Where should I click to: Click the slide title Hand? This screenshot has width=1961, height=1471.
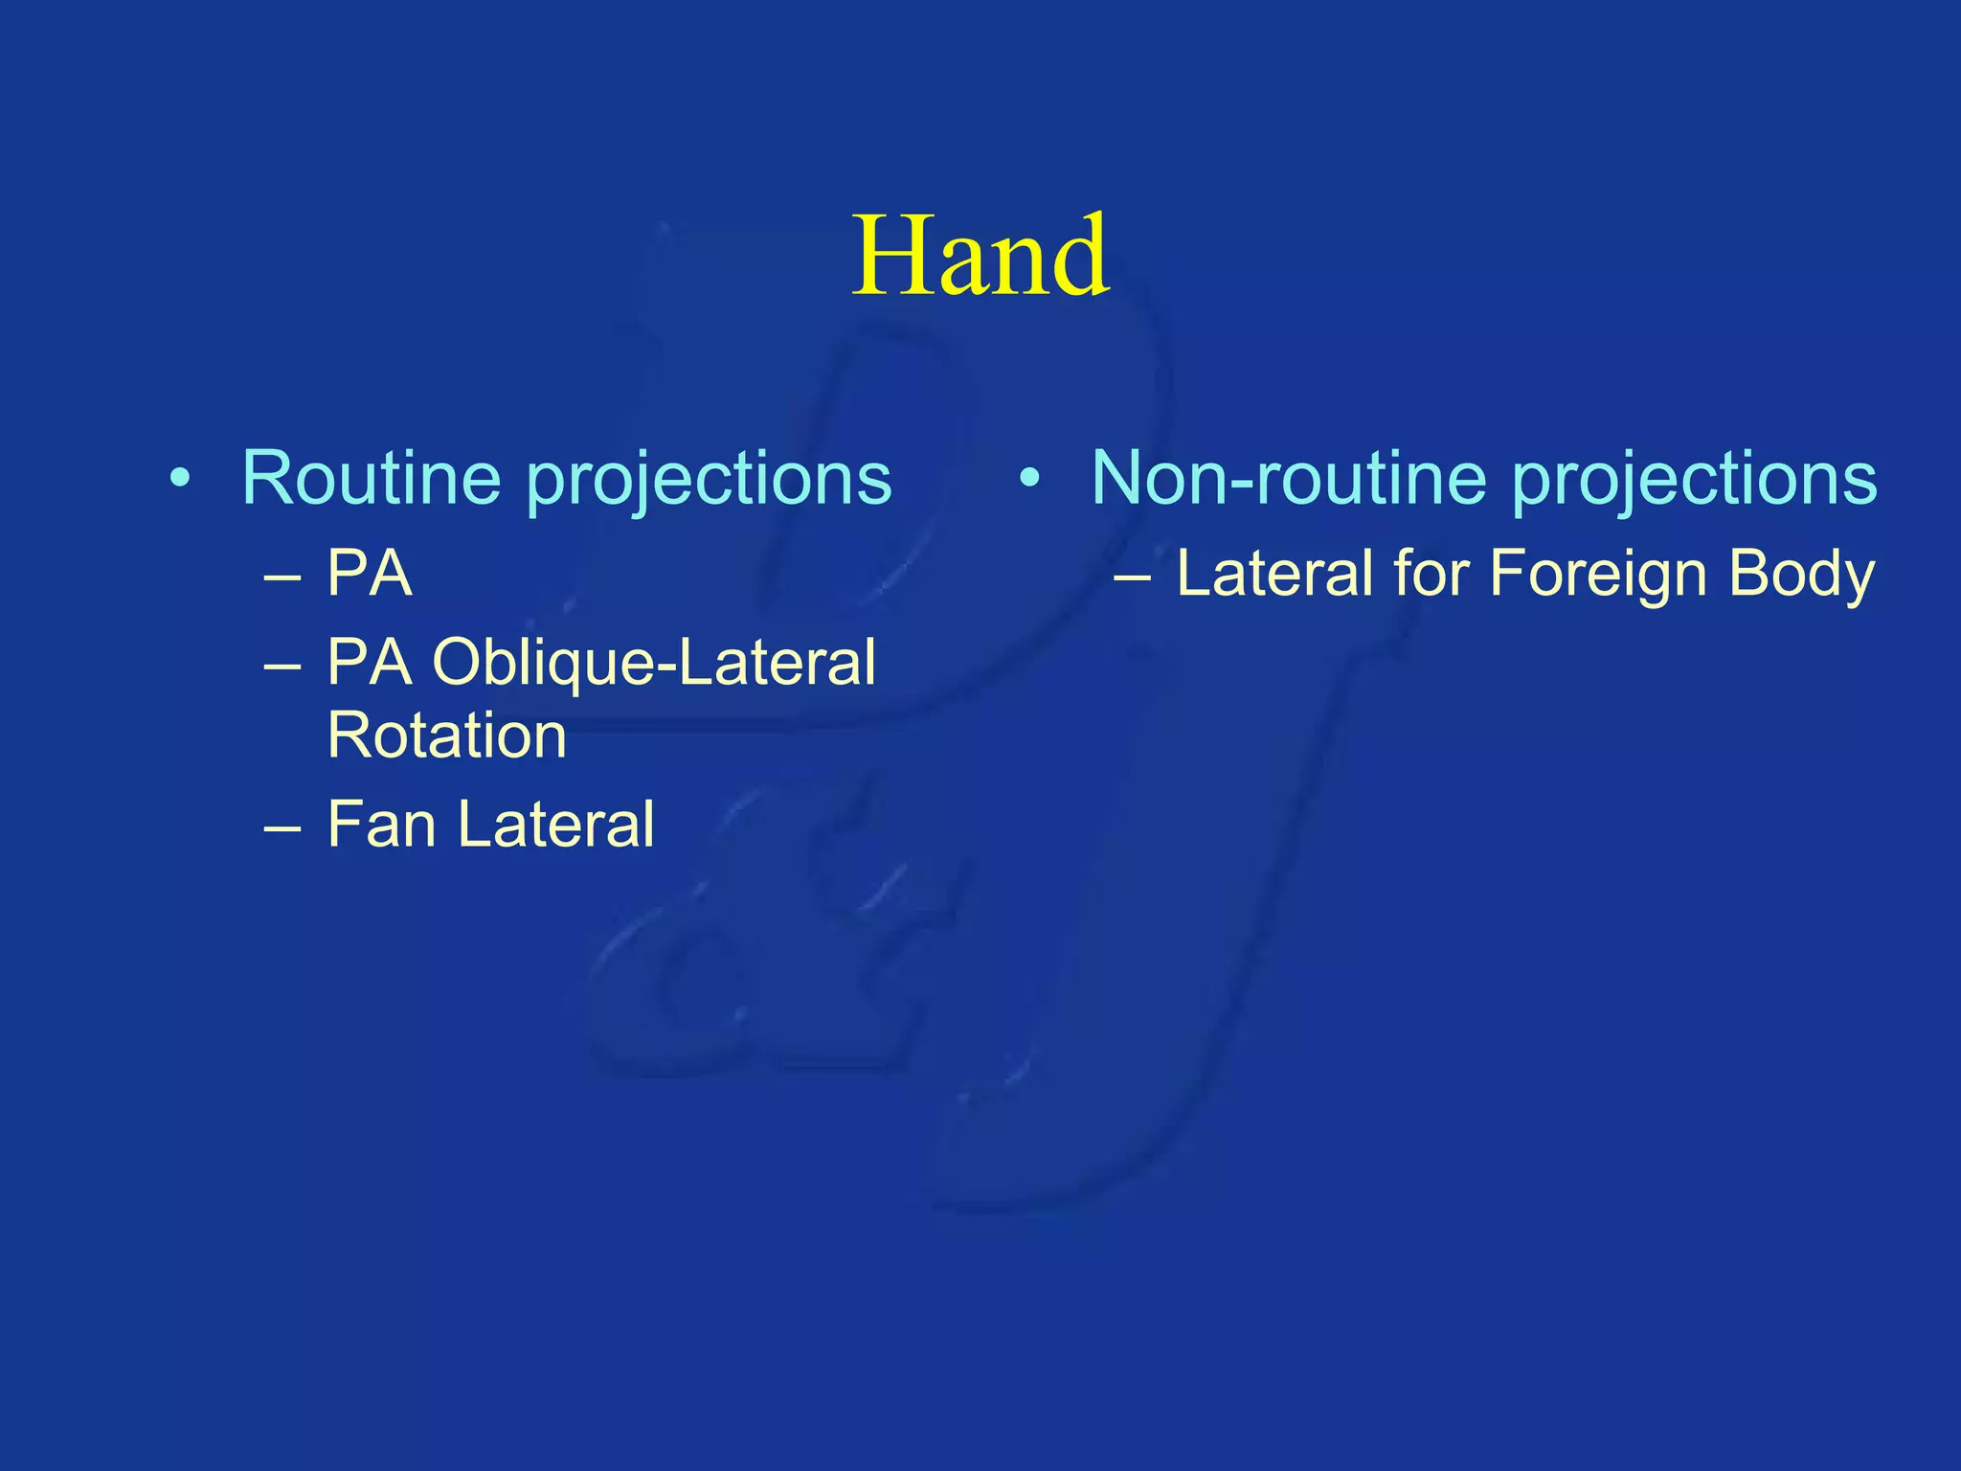click(980, 257)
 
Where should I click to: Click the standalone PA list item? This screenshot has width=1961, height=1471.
click(370, 575)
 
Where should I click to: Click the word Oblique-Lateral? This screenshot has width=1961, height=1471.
click(653, 663)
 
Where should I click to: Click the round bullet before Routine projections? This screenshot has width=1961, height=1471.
click(179, 478)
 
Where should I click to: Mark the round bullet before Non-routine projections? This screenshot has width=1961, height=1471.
click(1029, 478)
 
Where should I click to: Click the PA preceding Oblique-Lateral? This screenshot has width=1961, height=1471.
click(370, 663)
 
